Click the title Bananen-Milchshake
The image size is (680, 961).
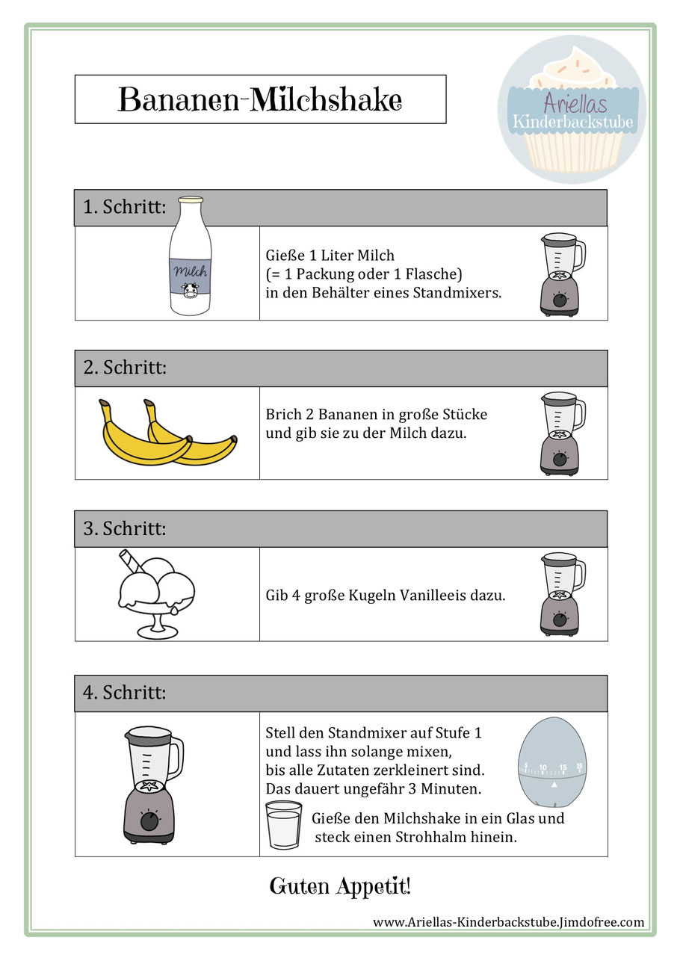pos(260,99)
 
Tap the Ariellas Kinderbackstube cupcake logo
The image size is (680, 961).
pos(572,109)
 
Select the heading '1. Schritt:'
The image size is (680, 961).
pos(124,207)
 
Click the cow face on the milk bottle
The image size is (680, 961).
pos(190,290)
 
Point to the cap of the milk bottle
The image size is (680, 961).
pos(191,200)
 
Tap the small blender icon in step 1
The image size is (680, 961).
pos(563,274)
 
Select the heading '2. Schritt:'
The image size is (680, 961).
pos(125,368)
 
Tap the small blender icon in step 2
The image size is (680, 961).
pos(563,433)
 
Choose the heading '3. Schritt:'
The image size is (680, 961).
pos(124,528)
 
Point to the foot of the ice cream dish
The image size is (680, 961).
pos(157,631)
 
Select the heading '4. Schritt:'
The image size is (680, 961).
pos(124,693)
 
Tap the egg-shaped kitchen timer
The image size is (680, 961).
pos(552,762)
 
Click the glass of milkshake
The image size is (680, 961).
pos(284,825)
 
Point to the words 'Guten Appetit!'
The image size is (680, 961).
pos(340,886)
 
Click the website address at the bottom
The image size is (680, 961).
pos(508,922)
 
